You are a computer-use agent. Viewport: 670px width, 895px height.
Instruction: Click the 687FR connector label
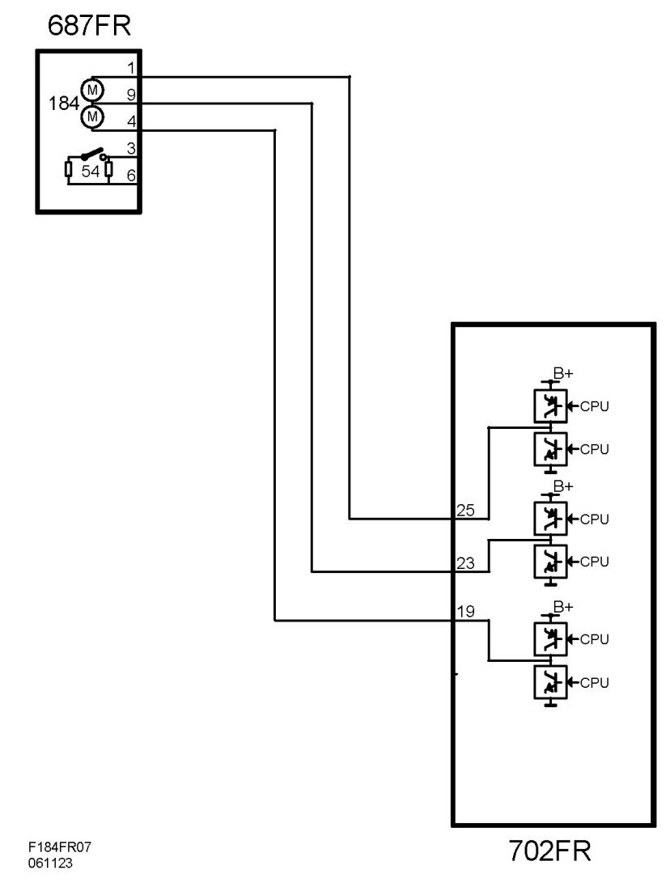(89, 27)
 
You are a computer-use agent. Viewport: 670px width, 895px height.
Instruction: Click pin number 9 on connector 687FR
(131, 95)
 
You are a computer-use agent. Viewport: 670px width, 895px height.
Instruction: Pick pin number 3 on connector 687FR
(131, 148)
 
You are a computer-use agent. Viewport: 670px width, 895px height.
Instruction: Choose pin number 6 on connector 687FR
(131, 175)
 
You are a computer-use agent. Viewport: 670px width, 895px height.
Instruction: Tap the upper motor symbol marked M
(91, 88)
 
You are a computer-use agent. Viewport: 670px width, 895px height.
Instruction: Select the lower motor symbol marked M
(91, 116)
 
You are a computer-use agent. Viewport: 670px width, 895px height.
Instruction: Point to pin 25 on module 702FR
(465, 511)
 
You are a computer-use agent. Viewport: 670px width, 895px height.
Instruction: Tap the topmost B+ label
(563, 373)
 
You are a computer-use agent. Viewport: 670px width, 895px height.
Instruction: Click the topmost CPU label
(594, 406)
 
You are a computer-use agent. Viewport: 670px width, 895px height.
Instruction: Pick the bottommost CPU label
(594, 683)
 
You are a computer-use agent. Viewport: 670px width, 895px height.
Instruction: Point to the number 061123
(50, 863)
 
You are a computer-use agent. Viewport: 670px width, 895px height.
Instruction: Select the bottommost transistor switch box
(550, 684)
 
